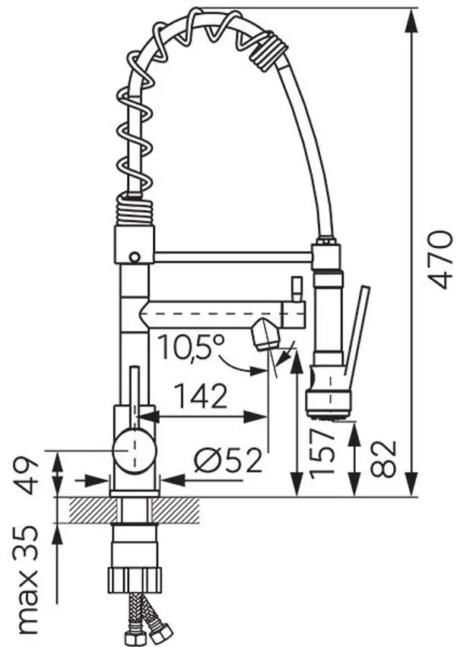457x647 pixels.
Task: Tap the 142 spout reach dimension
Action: tap(201, 396)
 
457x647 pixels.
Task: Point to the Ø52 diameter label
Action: tap(228, 460)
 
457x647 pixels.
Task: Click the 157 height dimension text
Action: tap(322, 453)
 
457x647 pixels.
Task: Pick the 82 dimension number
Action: tap(383, 459)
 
